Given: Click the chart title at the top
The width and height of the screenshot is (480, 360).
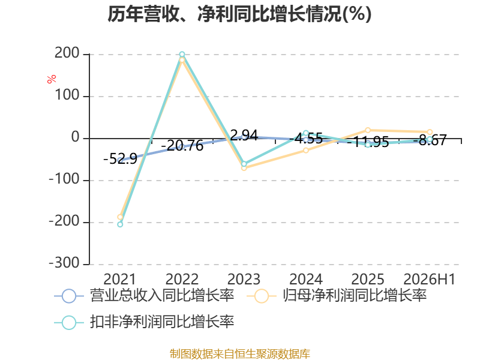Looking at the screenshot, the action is pyautogui.click(x=239, y=14).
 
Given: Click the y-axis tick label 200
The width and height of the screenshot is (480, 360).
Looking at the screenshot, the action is pyautogui.click(x=67, y=53).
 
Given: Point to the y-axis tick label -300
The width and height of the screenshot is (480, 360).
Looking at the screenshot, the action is pyautogui.click(x=64, y=263).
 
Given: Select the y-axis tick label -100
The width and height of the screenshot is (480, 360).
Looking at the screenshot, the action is pyautogui.click(x=64, y=179).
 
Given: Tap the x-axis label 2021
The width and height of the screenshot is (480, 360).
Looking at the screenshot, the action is pyautogui.click(x=119, y=279).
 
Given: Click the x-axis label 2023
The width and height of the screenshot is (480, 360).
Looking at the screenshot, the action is pyautogui.click(x=244, y=279).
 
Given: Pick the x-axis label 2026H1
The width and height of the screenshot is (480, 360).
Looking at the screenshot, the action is pyautogui.click(x=429, y=279).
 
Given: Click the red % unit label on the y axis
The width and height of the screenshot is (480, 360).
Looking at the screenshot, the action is pyautogui.click(x=52, y=79).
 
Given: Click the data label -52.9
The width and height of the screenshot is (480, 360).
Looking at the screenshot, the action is pyautogui.click(x=121, y=158).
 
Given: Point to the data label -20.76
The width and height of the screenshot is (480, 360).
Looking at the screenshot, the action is pyautogui.click(x=182, y=145).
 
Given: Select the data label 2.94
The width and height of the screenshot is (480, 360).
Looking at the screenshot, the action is pyautogui.click(x=244, y=135).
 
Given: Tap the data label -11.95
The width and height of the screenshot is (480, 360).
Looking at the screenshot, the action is pyautogui.click(x=368, y=142).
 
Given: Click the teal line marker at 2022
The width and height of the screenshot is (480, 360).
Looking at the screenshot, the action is pyautogui.click(x=182, y=55).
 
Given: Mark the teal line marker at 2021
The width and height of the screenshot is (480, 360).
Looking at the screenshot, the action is pyautogui.click(x=120, y=224).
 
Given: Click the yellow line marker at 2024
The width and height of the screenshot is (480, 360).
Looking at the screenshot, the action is pyautogui.click(x=306, y=151).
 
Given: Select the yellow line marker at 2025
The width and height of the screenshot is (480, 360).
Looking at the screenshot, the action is pyautogui.click(x=368, y=130).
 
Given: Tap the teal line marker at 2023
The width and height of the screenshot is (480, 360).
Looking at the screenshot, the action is pyautogui.click(x=244, y=164).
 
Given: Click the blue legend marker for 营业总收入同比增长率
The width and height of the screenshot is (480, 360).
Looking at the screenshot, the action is pyautogui.click(x=69, y=296).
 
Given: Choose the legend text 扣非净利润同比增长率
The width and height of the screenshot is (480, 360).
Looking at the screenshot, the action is pyautogui.click(x=162, y=322).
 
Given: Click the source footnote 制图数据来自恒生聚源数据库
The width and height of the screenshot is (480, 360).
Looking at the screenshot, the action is pyautogui.click(x=240, y=354).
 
